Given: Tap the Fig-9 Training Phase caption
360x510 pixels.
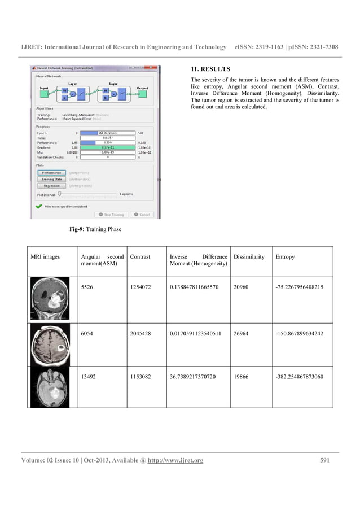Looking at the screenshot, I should click(95, 229).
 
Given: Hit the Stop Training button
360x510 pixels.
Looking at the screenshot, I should click(111, 215).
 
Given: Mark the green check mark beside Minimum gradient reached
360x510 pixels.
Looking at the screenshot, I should click(38, 207).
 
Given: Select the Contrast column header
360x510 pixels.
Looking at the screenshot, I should click(140, 257).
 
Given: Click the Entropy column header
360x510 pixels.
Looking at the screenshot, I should click(285, 257).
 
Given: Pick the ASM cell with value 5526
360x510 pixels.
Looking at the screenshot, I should click(87, 287).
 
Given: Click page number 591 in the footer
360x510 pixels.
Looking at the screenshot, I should click(324, 461).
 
